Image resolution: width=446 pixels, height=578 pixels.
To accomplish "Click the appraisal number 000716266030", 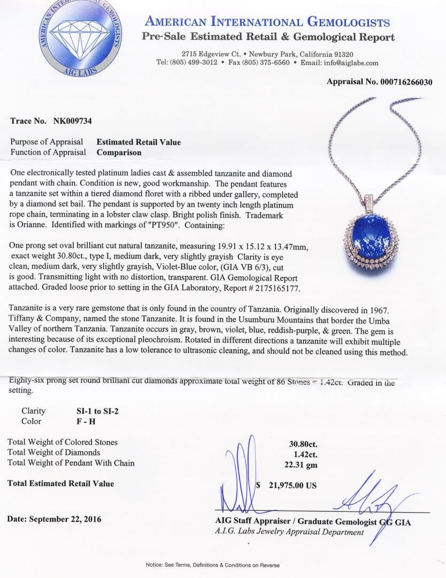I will pyautogui.click(x=406, y=82).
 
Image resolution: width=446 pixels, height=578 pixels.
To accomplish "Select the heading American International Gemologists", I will pyautogui.click(x=267, y=22).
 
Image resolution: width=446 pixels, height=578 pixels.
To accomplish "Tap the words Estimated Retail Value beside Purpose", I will pyautogui.click(x=139, y=142).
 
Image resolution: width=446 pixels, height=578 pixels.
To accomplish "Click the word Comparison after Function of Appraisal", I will pyautogui.click(x=119, y=152).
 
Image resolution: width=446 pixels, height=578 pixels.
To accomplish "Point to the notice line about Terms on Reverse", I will pyautogui.click(x=212, y=565).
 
